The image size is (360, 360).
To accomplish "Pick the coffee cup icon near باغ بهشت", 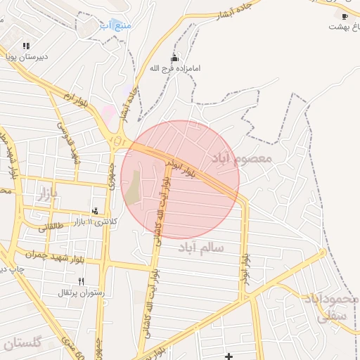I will [344, 16].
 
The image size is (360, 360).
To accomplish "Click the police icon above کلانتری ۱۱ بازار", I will [96, 210].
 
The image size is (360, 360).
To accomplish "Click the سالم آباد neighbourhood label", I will [201, 247].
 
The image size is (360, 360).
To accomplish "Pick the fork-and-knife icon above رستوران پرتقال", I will [82, 281].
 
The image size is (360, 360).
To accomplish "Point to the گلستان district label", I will [22, 344].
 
